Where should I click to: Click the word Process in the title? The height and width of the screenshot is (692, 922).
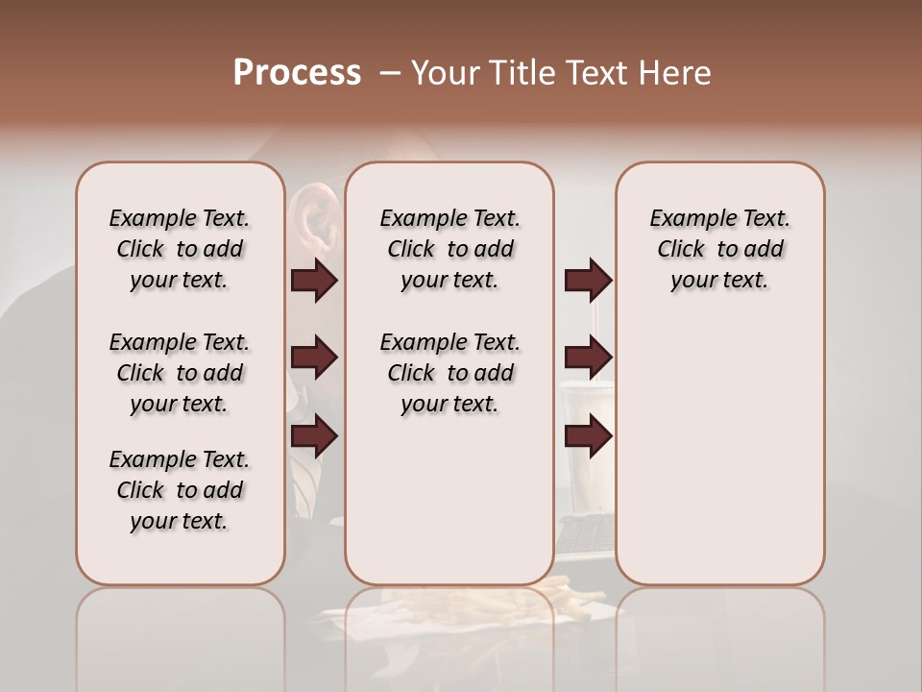point(297,73)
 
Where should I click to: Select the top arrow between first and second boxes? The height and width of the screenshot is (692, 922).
point(314,281)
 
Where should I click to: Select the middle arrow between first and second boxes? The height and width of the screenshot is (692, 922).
point(314,358)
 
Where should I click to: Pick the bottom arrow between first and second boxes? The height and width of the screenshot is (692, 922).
point(314,436)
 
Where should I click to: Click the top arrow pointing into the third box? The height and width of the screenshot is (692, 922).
point(588,281)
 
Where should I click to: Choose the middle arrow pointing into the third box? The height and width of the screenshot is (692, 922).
point(588,358)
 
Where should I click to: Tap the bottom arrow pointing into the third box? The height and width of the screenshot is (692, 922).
point(588,436)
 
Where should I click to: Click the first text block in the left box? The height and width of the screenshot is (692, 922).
point(180,249)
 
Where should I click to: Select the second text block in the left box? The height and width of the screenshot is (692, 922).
point(180,373)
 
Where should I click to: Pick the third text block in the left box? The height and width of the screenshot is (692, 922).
point(180,490)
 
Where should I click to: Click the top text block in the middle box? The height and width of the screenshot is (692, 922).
point(449,249)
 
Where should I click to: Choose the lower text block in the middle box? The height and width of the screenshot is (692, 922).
point(449,373)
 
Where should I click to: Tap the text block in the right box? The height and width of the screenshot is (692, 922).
point(719,249)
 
